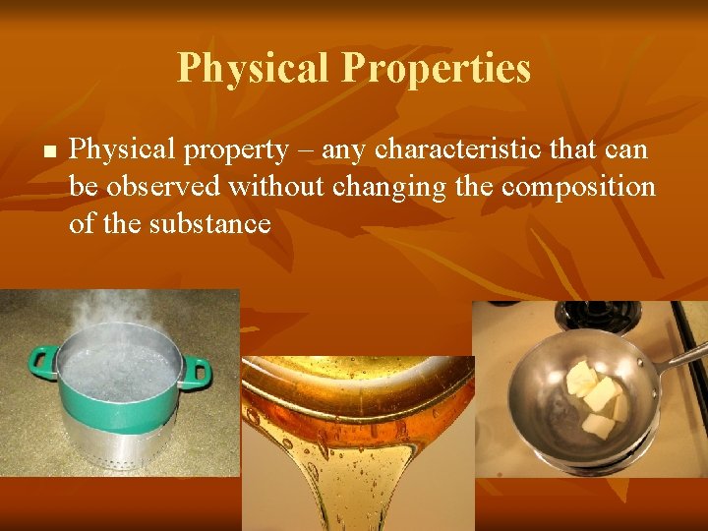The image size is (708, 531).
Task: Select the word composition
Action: click(x=578, y=187)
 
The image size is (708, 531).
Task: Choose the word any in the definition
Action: click(x=344, y=150)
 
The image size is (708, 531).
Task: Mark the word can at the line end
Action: click(x=626, y=150)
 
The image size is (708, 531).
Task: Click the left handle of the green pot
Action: click(x=42, y=363)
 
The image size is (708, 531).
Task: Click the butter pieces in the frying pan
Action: click(x=595, y=398)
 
